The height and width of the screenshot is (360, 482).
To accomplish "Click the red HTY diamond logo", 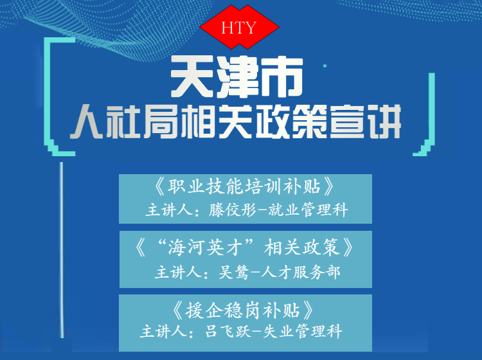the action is pos(239,27).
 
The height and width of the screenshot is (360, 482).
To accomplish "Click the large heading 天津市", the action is pos(237,77).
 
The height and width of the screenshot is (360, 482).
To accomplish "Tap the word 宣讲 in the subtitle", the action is pos(366,122).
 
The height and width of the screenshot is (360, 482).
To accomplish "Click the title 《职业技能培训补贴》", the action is pos(245,186).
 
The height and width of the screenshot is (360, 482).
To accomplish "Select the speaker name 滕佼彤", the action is pos(233,210).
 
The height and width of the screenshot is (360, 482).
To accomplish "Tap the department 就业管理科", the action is pos(308,210).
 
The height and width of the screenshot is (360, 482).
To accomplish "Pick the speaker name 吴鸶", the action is pos(233,273).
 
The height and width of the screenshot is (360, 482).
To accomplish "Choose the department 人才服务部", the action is pos(300,273).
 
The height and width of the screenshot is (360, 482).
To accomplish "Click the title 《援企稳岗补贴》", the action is pos(243,310).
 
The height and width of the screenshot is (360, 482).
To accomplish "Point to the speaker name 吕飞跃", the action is pos(228,332).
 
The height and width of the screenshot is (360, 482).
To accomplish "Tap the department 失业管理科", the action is pos(303,332).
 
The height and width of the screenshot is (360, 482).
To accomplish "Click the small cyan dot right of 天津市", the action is pos(325,66).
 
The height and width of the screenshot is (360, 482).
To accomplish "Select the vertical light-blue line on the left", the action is pos(62,249).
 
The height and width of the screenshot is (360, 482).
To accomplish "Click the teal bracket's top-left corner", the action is pos(45,38).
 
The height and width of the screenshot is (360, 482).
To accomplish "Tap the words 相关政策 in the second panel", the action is pos(302,248).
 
